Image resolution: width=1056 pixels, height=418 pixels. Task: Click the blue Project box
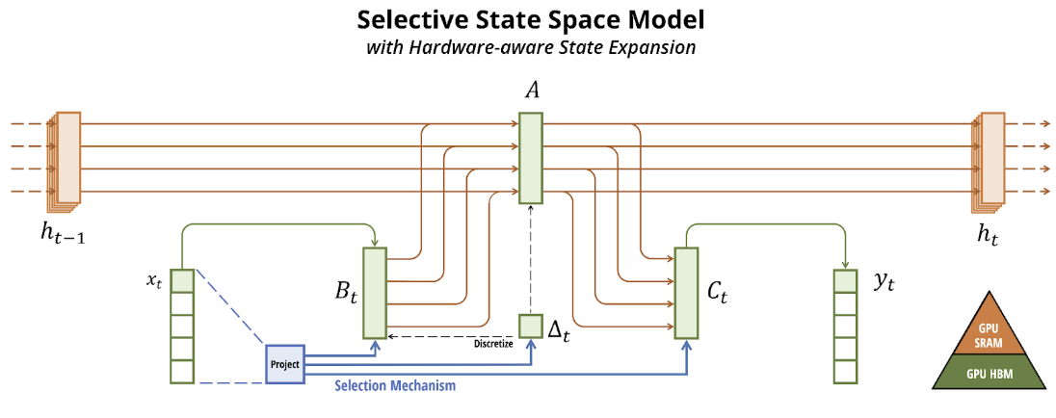click(x=286, y=364)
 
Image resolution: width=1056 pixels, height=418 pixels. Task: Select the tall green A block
click(x=530, y=158)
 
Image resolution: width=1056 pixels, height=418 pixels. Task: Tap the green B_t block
click(x=374, y=293)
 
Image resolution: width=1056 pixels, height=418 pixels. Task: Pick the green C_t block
click(x=686, y=293)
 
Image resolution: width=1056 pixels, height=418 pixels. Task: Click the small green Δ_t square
click(x=531, y=327)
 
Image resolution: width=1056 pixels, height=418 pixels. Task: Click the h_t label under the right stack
click(x=988, y=234)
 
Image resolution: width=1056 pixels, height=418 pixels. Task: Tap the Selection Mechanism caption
click(x=395, y=386)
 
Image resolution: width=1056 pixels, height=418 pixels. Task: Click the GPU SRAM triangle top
click(x=990, y=332)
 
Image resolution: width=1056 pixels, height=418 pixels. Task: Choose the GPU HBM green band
click(x=990, y=371)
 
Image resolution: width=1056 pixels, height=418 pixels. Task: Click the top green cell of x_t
click(x=182, y=281)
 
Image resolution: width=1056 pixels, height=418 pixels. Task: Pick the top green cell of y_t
click(x=845, y=281)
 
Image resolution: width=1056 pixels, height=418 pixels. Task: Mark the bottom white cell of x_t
click(x=182, y=371)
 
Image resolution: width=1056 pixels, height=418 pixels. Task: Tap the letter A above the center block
click(x=531, y=91)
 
